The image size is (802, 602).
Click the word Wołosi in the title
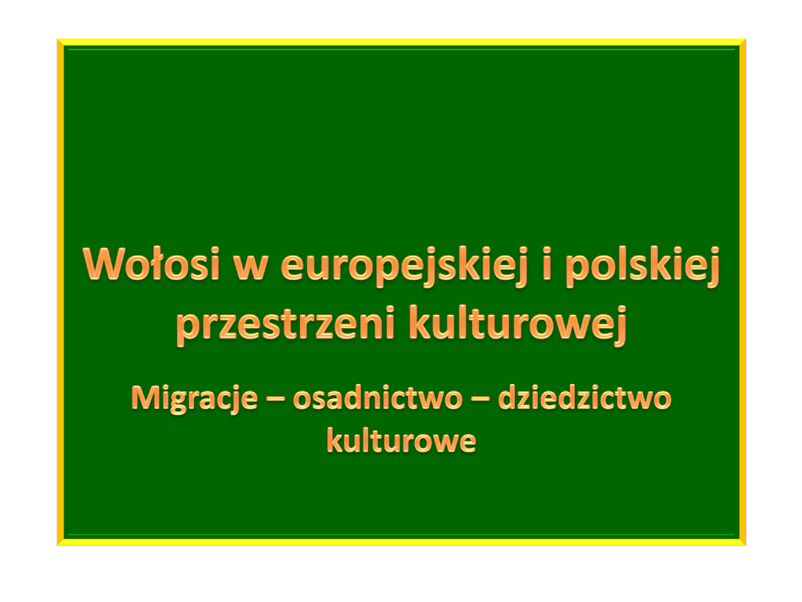(x=151, y=263)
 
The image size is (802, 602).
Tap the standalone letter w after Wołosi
(x=251, y=268)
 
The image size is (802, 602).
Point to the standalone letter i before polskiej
(x=547, y=263)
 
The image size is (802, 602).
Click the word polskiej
(x=642, y=267)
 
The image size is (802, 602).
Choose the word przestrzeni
(x=285, y=324)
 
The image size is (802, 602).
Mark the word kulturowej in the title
(x=518, y=324)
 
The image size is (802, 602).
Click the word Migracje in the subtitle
(x=194, y=398)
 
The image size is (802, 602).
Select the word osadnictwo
(x=378, y=398)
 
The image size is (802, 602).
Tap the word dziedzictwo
(x=584, y=398)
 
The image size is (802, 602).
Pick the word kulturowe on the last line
(x=401, y=441)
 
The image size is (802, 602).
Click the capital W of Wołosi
(x=104, y=263)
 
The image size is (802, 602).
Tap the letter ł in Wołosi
(x=161, y=263)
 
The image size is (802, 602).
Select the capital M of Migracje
(x=145, y=397)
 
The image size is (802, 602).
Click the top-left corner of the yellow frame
(x=57, y=39)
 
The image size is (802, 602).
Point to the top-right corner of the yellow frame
(x=746, y=39)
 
